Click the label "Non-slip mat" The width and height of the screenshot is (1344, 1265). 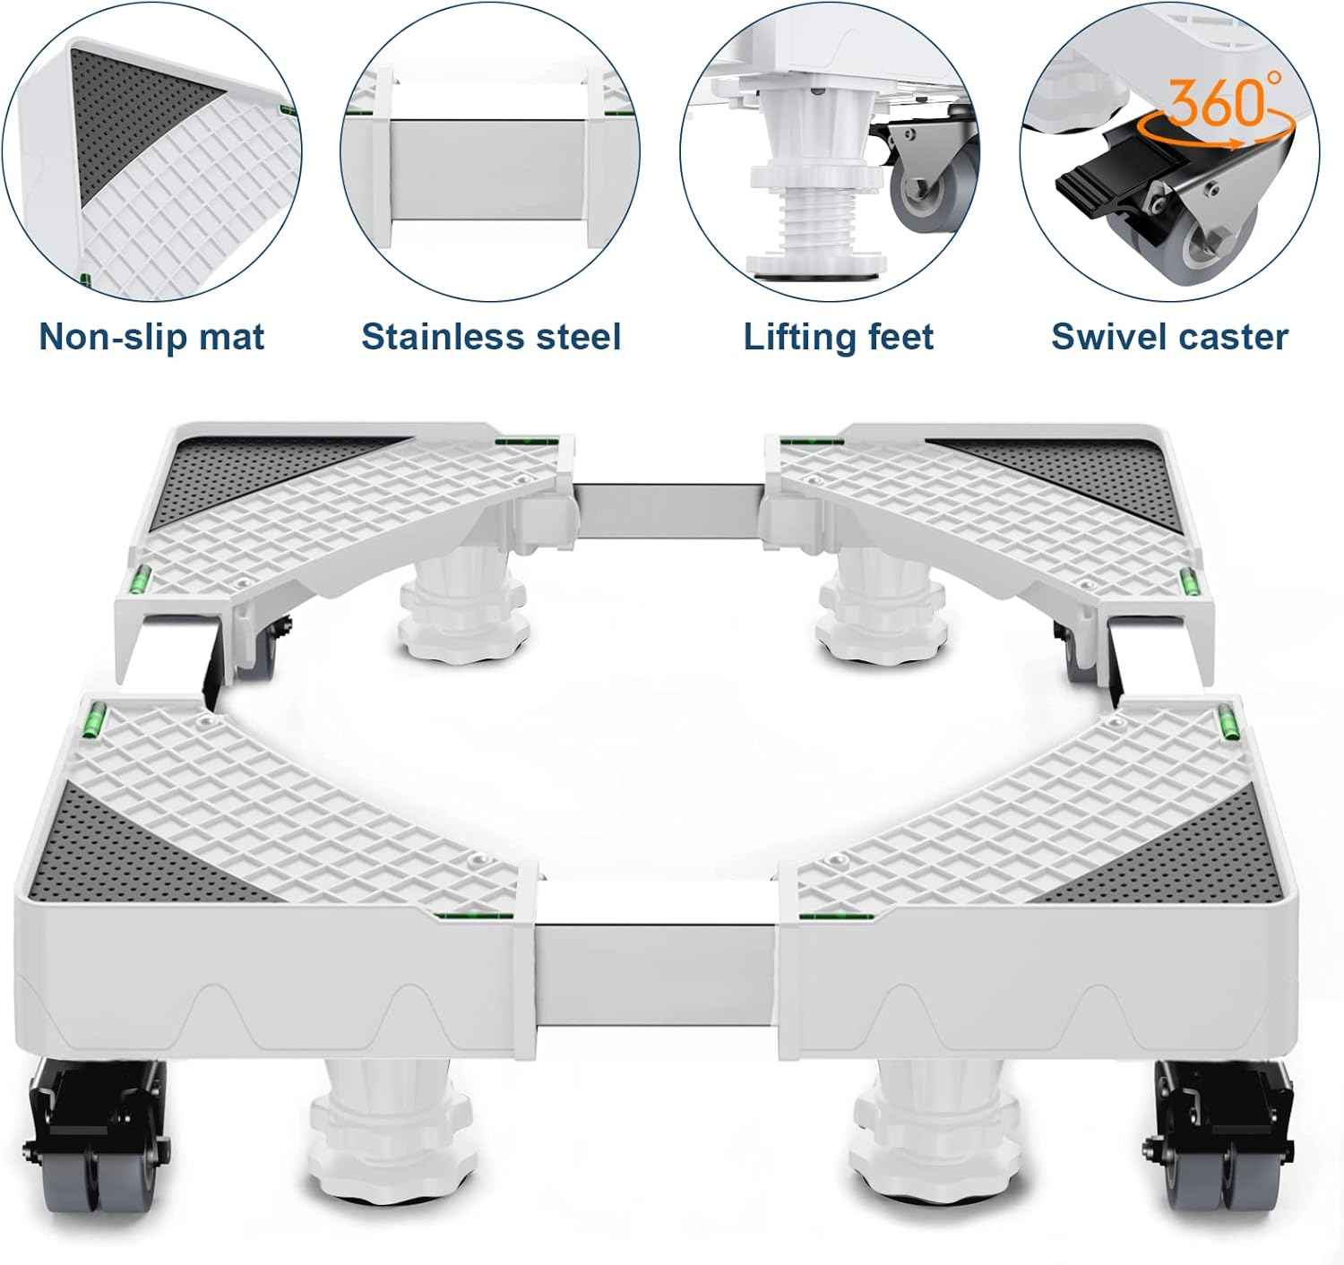click(151, 336)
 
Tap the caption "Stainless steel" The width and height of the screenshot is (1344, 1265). click(491, 336)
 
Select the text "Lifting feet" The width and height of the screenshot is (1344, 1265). click(839, 336)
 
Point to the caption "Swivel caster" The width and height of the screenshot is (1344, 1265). click(1169, 336)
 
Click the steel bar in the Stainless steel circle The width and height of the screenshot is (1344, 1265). click(488, 169)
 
